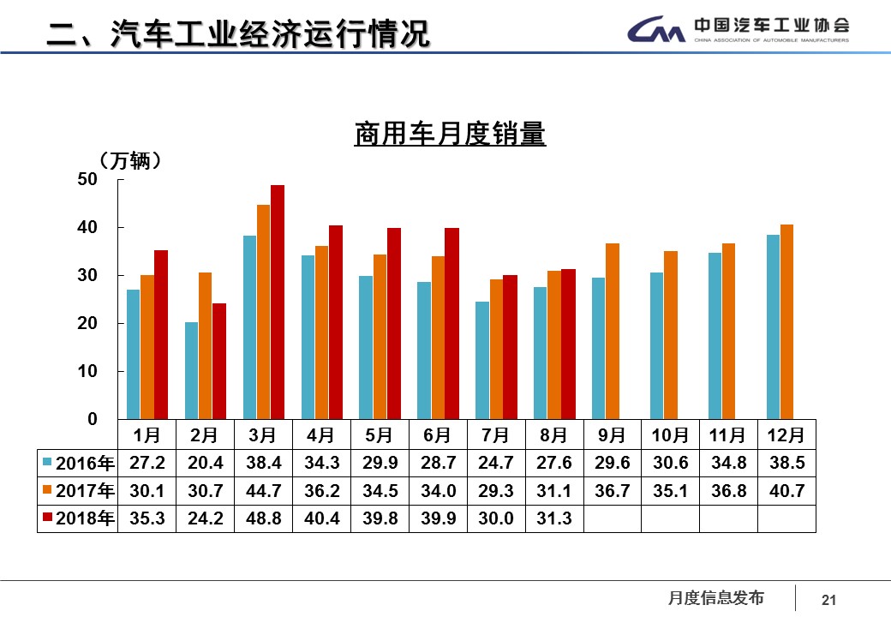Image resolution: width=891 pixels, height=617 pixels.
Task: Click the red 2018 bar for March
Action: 278,302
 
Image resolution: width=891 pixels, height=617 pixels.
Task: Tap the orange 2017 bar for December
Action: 787,321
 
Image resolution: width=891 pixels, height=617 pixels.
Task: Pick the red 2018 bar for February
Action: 219,361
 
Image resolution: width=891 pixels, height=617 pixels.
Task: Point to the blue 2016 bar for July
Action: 482,360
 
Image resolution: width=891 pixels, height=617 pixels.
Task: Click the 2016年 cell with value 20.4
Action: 205,464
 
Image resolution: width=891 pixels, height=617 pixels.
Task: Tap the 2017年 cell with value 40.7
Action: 786,491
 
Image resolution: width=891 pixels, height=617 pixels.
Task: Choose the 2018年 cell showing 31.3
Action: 554,518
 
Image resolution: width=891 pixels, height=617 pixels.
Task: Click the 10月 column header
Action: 670,435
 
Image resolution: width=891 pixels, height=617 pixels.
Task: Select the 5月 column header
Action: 380,435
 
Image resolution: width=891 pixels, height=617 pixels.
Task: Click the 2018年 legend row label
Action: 78,518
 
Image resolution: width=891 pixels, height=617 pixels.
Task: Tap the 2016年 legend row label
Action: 78,464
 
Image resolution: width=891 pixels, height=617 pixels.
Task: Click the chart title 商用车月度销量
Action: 450,135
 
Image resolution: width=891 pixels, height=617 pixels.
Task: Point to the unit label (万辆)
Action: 130,160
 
